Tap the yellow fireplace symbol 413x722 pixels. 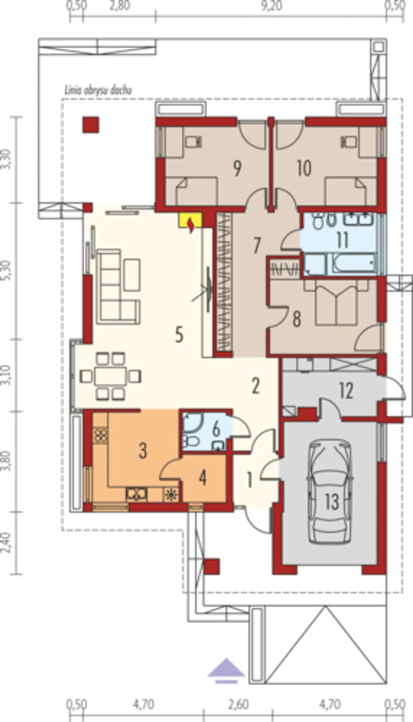click(191, 221)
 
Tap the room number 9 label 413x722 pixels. click(237, 169)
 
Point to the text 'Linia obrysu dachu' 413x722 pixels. click(98, 91)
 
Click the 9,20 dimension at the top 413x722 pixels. click(272, 6)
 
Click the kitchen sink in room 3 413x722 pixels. click(136, 494)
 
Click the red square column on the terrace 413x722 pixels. click(90, 125)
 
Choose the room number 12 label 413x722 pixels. click(346, 391)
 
